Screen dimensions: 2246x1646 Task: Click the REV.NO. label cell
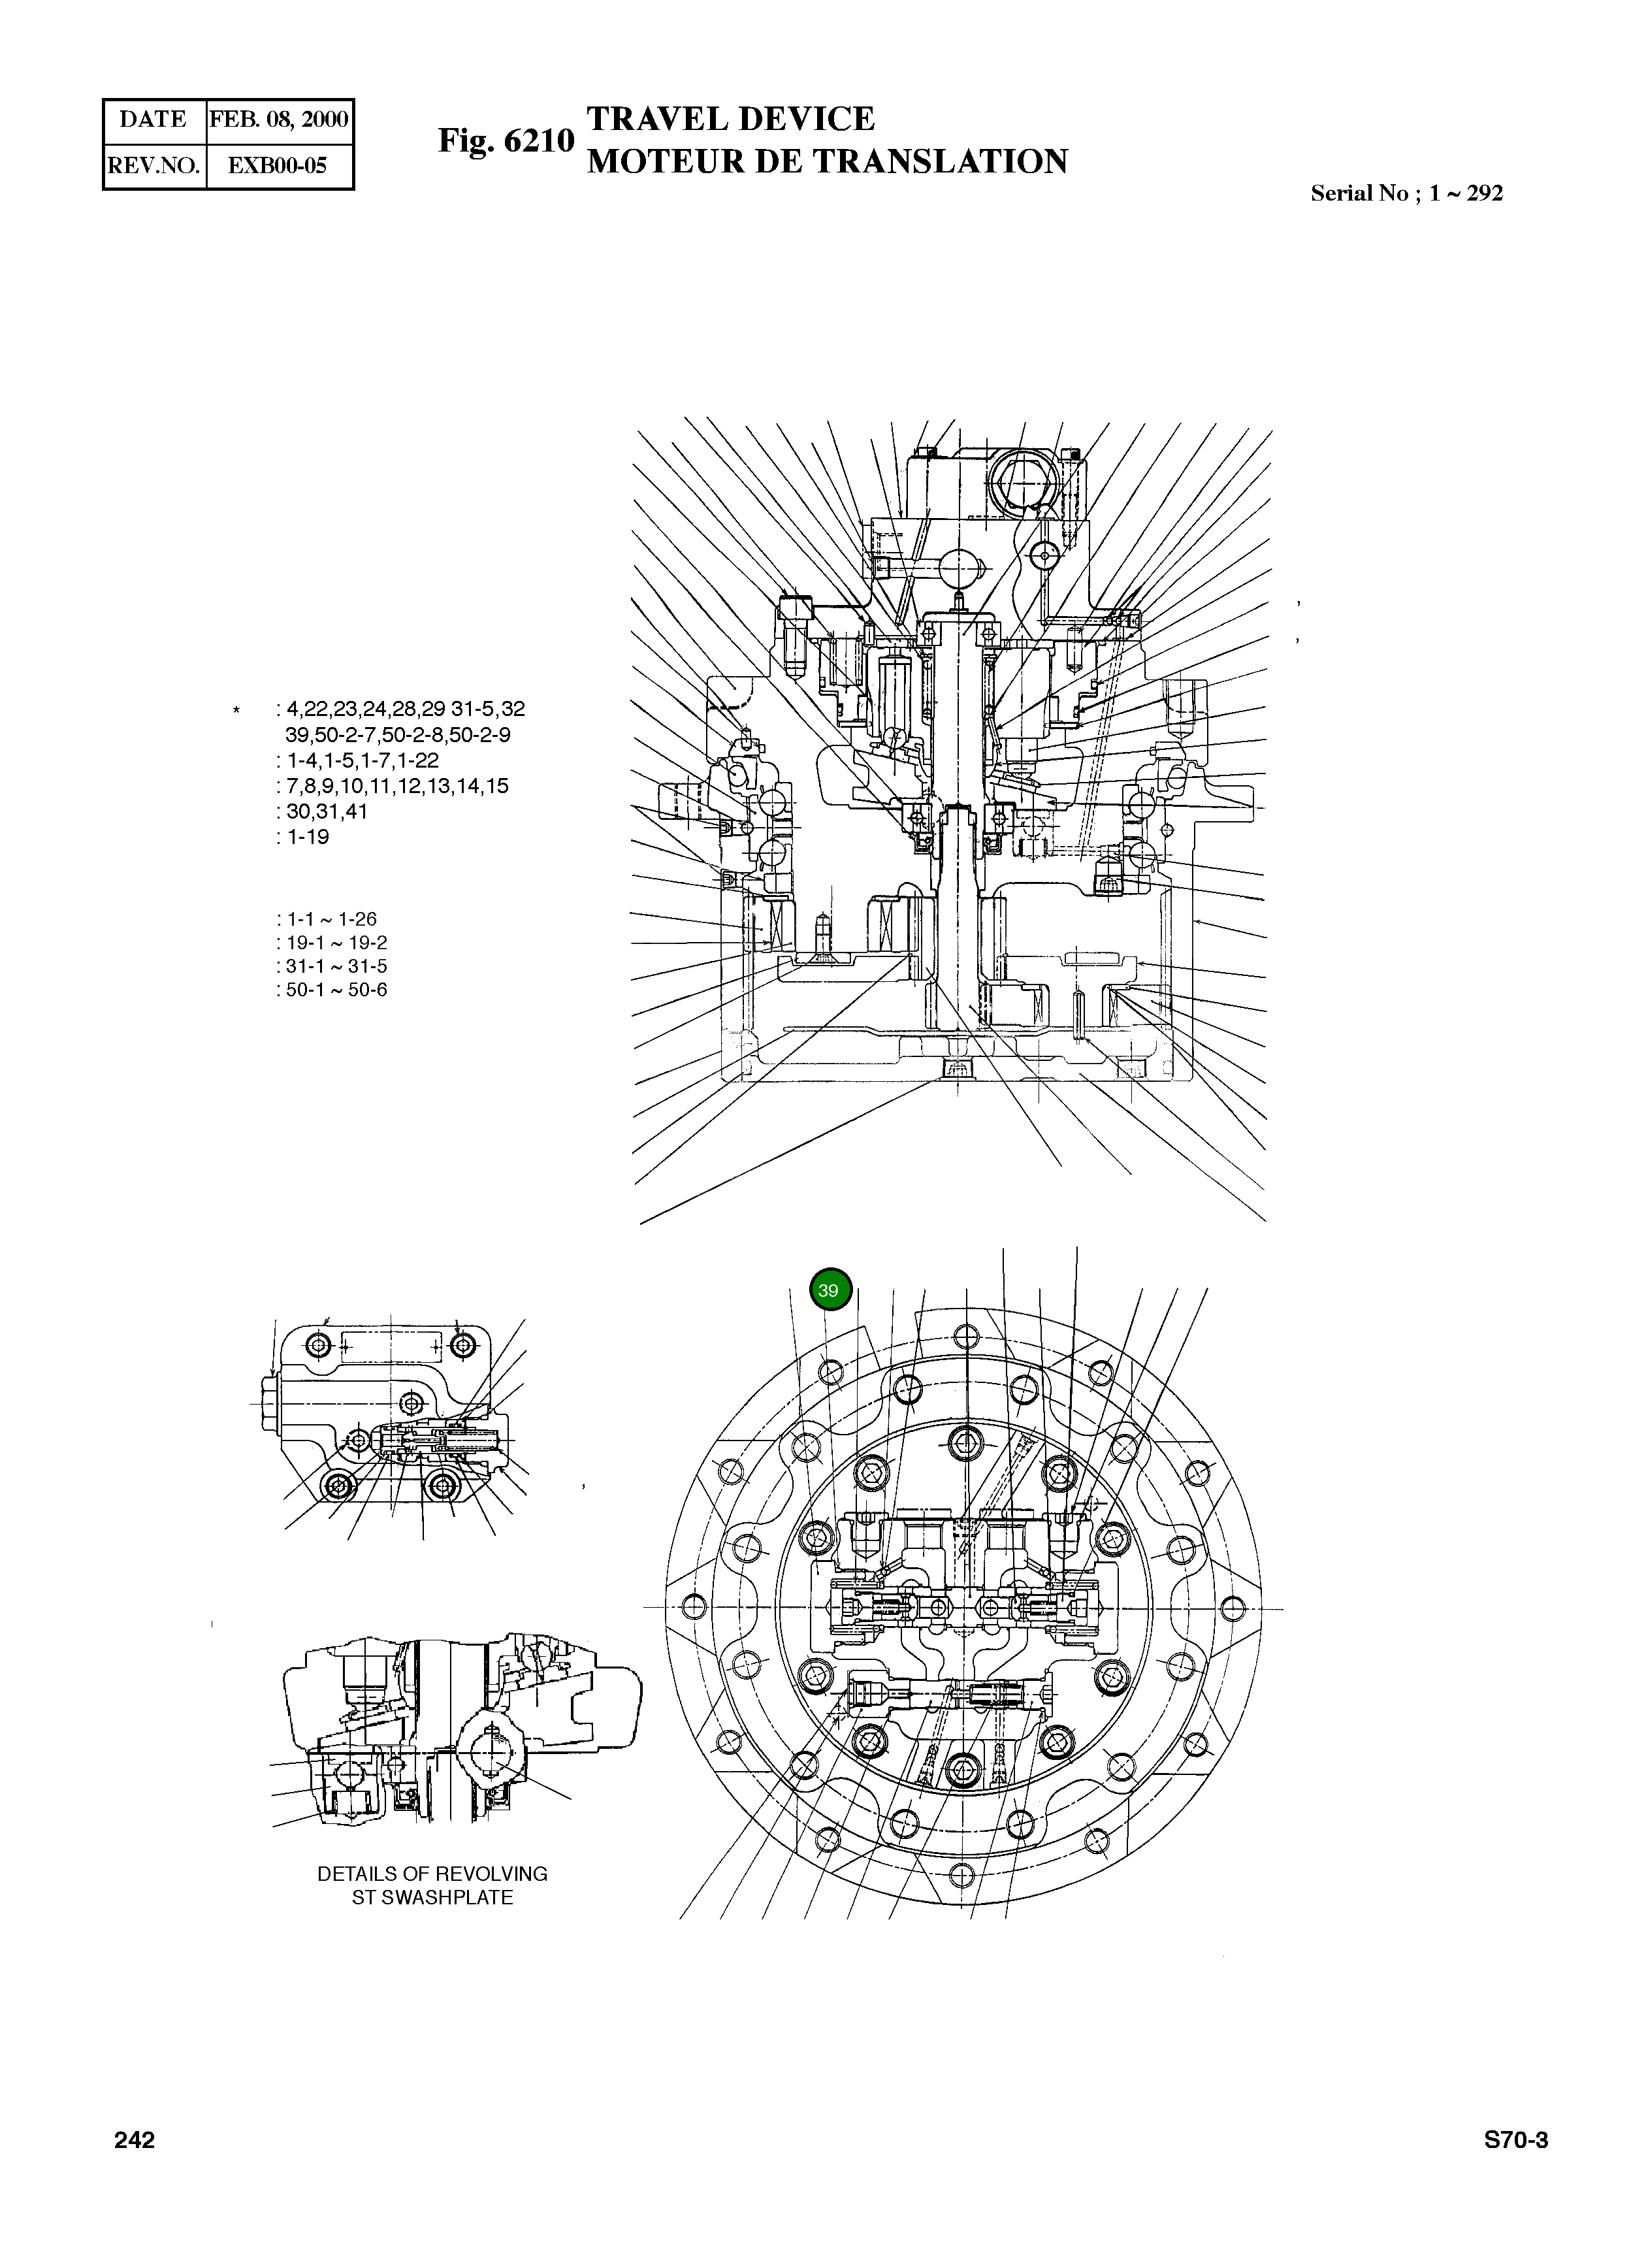coord(153,165)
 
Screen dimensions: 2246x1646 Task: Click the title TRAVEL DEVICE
coord(730,119)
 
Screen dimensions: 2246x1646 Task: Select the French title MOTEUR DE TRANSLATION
coord(827,161)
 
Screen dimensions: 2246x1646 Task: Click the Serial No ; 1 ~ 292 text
coord(1406,193)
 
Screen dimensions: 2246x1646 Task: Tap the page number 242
coord(135,2140)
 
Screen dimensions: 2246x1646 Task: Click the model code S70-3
coord(1515,2140)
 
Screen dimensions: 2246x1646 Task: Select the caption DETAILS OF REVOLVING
coord(432,1874)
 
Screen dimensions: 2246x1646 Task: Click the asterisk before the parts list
coord(236,711)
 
